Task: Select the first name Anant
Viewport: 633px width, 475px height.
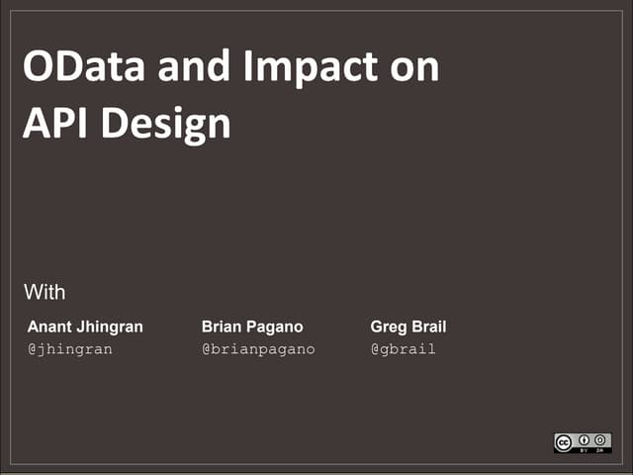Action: (x=49, y=327)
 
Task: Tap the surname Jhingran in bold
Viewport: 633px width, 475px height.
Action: (x=110, y=327)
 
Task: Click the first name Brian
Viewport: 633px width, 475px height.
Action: (x=223, y=327)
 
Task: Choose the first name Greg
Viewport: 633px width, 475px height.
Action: (x=388, y=327)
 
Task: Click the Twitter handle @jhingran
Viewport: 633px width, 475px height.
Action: (x=69, y=349)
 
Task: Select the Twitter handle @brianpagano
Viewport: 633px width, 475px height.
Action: (x=258, y=349)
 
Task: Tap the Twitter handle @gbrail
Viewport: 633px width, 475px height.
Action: (x=403, y=349)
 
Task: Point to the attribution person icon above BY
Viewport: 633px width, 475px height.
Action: (x=586, y=439)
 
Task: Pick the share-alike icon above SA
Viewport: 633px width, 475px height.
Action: (x=600, y=439)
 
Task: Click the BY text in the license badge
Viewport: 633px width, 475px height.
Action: (x=586, y=449)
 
